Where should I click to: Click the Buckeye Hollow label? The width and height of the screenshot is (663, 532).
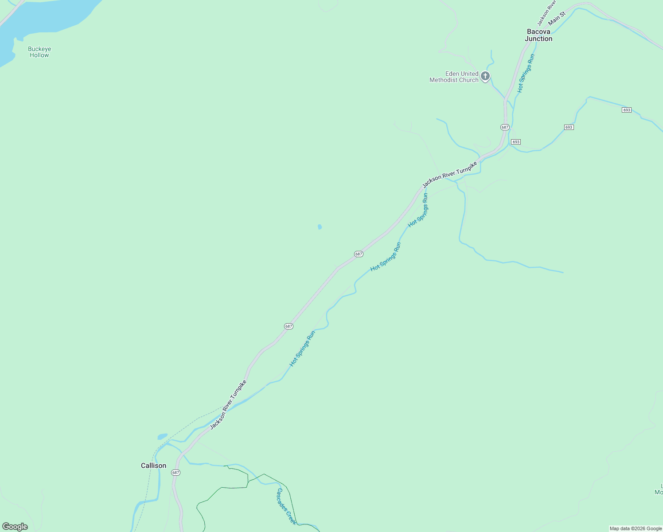click(39, 52)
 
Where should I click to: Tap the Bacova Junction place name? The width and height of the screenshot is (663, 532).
click(538, 35)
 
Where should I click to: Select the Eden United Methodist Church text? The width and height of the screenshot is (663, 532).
click(454, 77)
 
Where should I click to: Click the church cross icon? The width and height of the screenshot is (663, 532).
click(485, 76)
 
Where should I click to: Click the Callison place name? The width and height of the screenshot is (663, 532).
click(153, 465)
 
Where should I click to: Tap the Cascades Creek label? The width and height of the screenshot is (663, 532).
click(286, 506)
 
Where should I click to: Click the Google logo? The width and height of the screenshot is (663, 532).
click(15, 527)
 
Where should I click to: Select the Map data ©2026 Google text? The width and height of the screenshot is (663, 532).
click(636, 528)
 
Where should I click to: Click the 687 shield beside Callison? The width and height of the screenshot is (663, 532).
click(175, 473)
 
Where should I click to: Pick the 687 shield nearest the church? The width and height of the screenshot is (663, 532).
click(505, 127)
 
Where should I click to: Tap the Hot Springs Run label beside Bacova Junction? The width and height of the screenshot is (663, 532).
click(526, 73)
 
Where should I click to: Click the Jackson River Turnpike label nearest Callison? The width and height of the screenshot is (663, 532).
click(228, 404)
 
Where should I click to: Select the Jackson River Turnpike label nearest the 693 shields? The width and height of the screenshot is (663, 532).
click(450, 174)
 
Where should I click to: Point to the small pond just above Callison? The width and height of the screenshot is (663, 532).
click(163, 436)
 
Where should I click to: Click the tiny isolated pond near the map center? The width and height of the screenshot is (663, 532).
click(320, 227)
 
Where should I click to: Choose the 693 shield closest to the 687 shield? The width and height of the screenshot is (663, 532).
click(515, 142)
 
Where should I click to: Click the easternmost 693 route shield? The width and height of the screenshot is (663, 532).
click(626, 110)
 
